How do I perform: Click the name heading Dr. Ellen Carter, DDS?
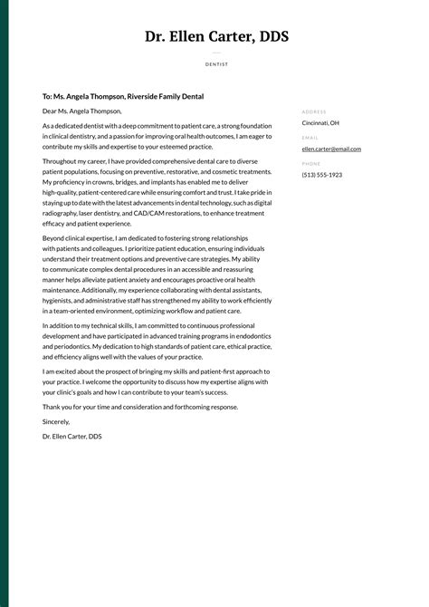coord(216,37)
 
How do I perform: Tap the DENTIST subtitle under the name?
coord(216,64)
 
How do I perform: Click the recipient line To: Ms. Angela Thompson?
coord(123,96)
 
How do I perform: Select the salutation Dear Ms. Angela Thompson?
coord(81,111)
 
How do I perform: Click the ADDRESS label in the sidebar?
coord(314,111)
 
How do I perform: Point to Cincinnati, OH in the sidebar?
coord(320,122)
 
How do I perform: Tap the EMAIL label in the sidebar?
coord(310,138)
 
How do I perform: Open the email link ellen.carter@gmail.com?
coord(331,149)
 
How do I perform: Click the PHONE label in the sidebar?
coord(310,164)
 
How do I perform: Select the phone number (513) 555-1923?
coord(322,175)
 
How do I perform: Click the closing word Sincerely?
coord(56,421)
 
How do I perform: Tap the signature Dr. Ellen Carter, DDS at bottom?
coord(72,436)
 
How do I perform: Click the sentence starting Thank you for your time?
coord(140,407)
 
